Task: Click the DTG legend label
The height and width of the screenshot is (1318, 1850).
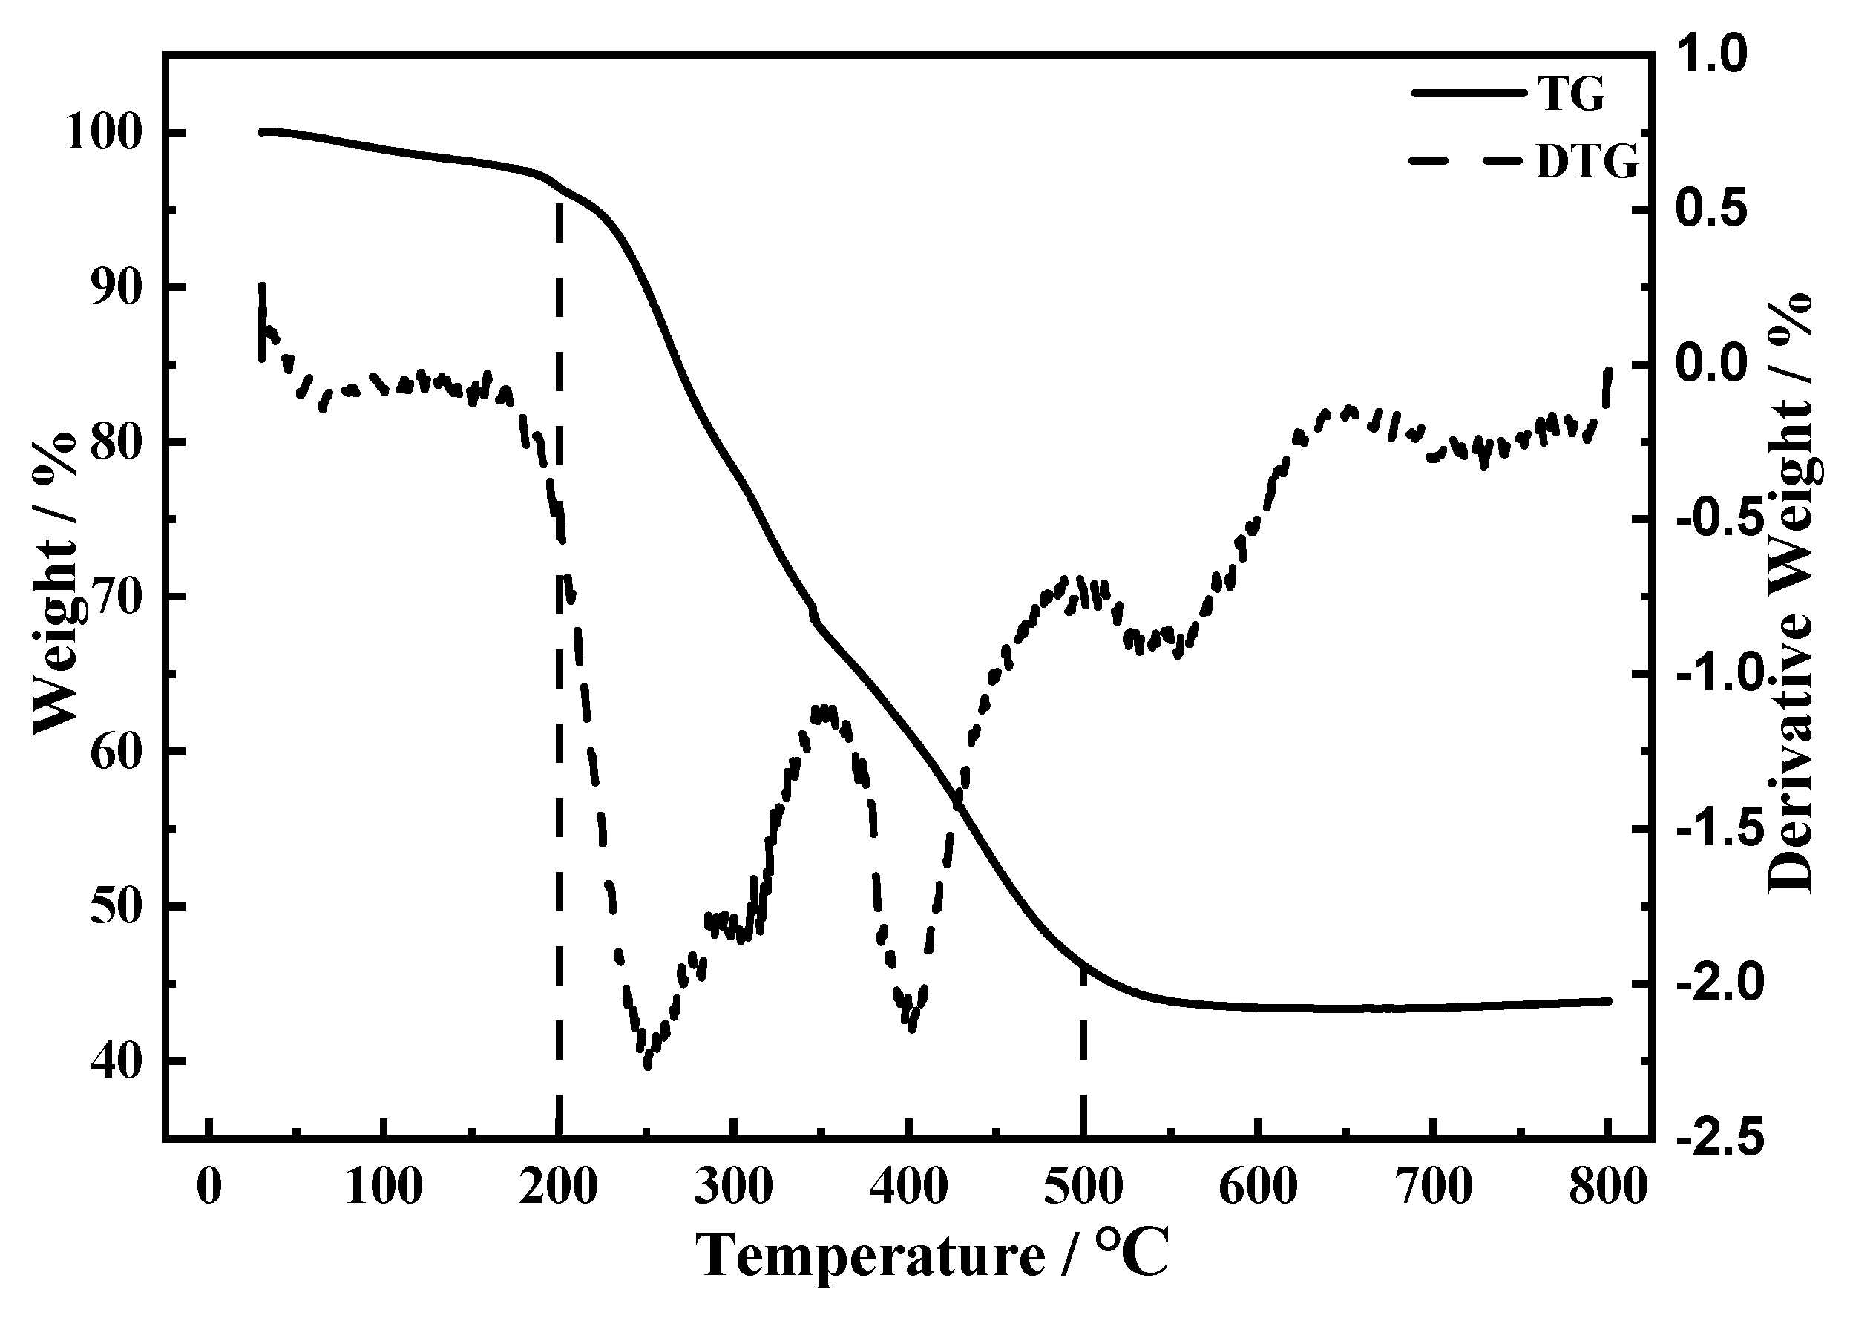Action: pyautogui.click(x=1587, y=163)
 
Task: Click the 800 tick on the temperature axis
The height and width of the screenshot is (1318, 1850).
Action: pyautogui.click(x=1607, y=1187)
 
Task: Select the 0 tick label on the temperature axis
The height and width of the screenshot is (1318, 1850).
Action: pyautogui.click(x=209, y=1187)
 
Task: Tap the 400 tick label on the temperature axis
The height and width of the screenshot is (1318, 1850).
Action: pyautogui.click(x=908, y=1187)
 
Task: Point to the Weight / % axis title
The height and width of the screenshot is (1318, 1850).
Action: pyautogui.click(x=55, y=584)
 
